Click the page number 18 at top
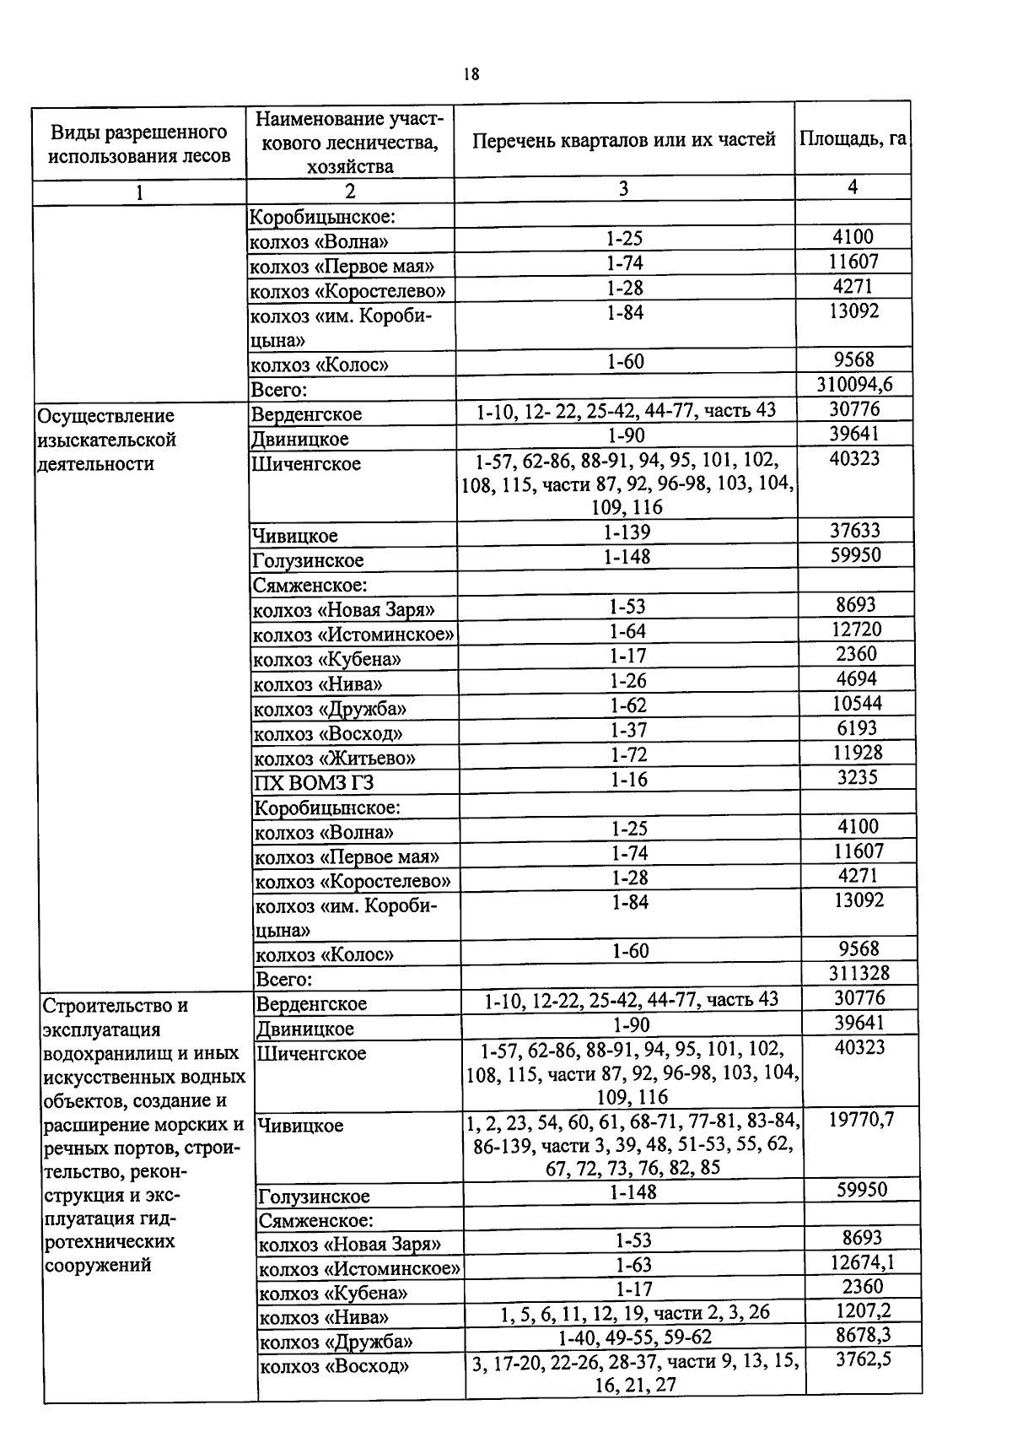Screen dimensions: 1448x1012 [x=471, y=74]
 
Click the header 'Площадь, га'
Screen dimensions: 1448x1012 [x=853, y=138]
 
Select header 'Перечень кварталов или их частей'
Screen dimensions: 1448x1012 [x=623, y=140]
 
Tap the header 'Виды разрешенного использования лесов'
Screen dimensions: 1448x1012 [x=139, y=143]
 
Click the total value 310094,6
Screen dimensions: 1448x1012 [x=854, y=386]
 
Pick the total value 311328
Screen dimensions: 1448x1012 [x=858, y=974]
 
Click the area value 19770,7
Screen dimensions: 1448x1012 [x=860, y=1119]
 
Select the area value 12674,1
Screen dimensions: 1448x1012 [x=862, y=1262]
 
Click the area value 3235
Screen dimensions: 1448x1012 [x=858, y=777]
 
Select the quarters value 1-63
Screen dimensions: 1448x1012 [x=632, y=1264]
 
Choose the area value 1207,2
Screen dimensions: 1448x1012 [x=863, y=1310]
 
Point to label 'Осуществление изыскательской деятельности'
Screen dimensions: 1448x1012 [x=106, y=440]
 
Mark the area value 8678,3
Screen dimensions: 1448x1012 [x=863, y=1335]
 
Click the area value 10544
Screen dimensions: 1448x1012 [x=857, y=703]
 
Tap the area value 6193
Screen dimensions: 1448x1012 [x=857, y=727]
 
